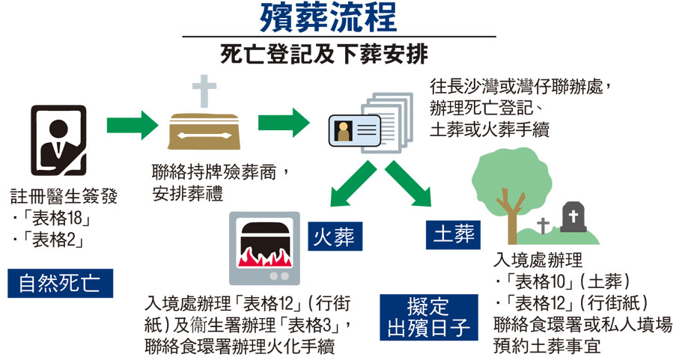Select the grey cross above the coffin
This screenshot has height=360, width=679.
point(204,91)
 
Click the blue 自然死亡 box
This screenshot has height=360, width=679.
point(61,283)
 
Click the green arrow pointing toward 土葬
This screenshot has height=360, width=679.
point(410,183)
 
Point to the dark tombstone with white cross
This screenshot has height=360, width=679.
point(574,220)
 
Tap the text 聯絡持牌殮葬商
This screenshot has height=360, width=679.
point(214,176)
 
